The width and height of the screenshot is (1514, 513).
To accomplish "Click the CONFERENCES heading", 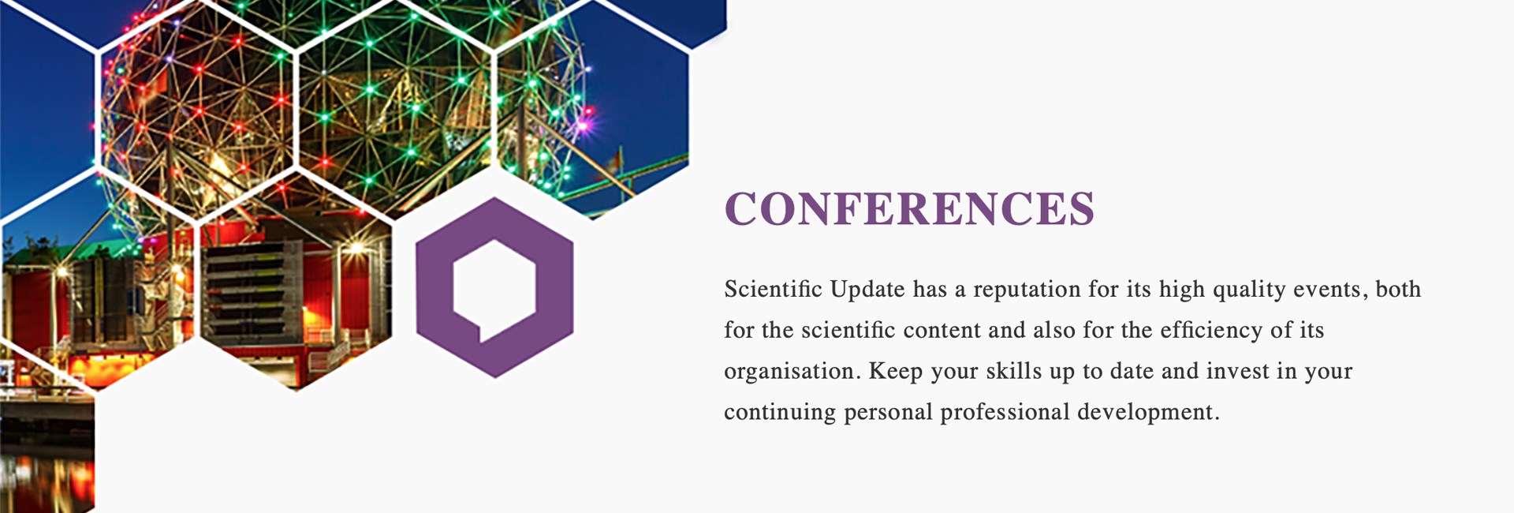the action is click(909, 208).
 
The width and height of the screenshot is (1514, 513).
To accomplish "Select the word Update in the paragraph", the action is click(867, 290).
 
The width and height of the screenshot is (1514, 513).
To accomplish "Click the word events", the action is click(1327, 290).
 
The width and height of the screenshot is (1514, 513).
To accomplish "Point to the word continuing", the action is click(780, 413).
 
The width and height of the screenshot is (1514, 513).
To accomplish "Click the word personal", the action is click(888, 413).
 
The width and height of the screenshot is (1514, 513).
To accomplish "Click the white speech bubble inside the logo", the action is click(494, 289).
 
